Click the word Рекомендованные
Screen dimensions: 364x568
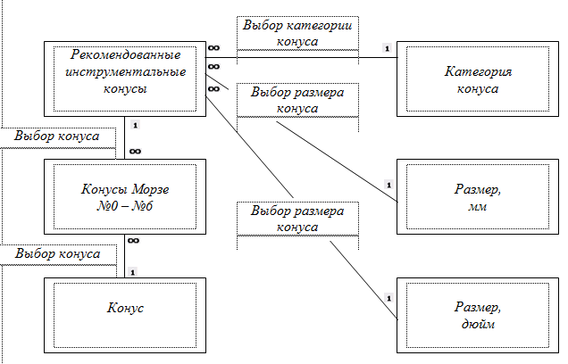(x=124, y=56)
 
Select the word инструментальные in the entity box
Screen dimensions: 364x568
(x=124, y=72)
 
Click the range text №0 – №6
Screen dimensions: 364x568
(x=125, y=206)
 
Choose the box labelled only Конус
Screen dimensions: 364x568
(x=125, y=309)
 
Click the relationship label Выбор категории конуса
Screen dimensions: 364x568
(x=297, y=33)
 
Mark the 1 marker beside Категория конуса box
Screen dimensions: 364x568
(x=386, y=48)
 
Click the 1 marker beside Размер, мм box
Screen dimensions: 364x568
(x=388, y=184)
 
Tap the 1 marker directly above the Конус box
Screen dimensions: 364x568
(x=133, y=269)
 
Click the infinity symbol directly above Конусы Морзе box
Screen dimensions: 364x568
(x=134, y=151)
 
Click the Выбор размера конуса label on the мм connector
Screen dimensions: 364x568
(x=297, y=100)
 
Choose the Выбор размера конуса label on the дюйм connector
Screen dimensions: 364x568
(x=297, y=219)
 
